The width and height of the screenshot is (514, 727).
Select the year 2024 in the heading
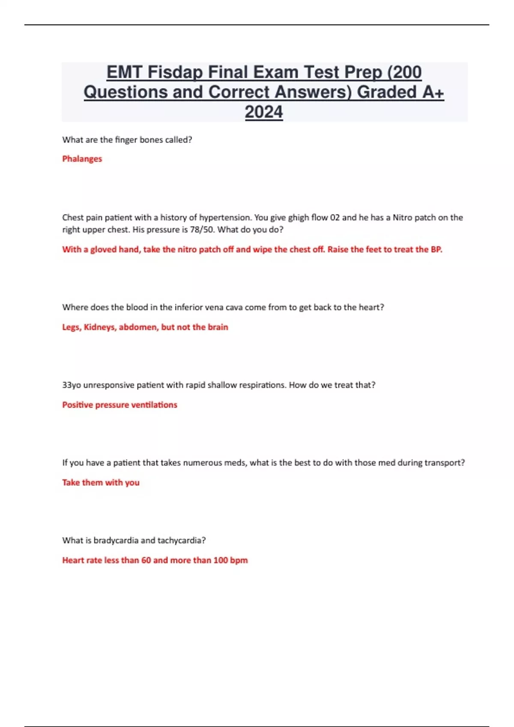click(264, 112)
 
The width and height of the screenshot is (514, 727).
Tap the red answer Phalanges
click(82, 159)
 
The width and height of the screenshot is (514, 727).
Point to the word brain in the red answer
click(218, 327)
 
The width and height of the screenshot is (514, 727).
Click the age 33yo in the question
click(72, 385)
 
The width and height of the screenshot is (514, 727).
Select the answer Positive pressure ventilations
click(120, 405)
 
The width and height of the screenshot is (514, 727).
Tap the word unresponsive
click(109, 385)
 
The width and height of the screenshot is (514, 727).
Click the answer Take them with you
click(101, 483)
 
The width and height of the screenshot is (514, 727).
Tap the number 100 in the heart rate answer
click(221, 560)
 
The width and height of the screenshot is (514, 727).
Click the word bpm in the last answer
click(239, 561)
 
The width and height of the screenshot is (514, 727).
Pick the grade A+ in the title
click(433, 92)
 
